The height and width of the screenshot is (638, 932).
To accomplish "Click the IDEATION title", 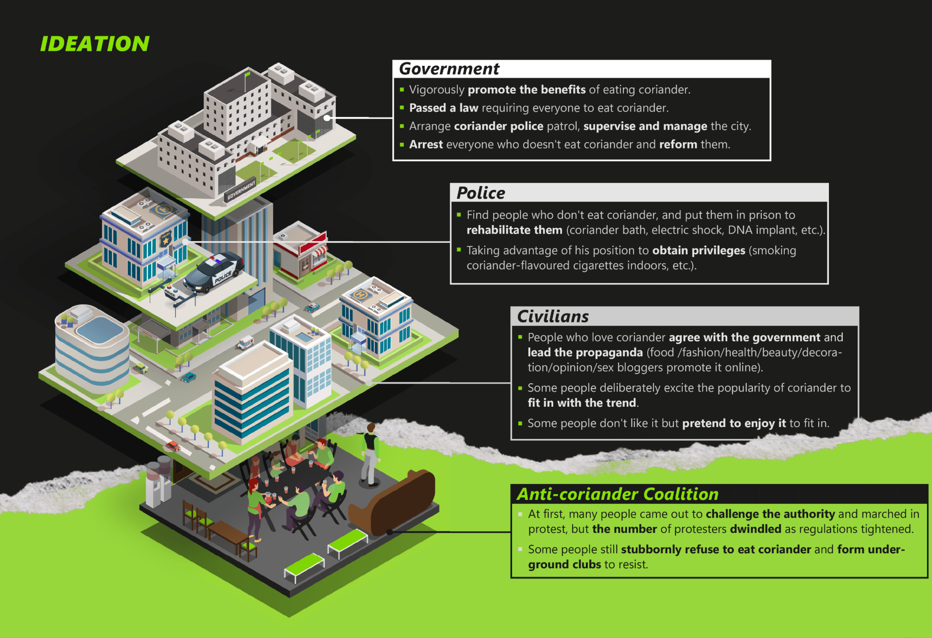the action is pos(95,44).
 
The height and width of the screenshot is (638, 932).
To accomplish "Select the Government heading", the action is pos(449,69).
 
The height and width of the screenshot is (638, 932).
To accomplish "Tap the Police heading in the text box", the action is pos(481,193).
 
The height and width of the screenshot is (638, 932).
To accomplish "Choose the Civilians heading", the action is pos(553,317).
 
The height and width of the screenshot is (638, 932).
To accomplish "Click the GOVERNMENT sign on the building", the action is pos(241,190).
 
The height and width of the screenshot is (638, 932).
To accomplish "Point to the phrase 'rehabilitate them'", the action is pos(514,230).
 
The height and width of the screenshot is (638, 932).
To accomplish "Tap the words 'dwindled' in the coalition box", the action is pos(755,529).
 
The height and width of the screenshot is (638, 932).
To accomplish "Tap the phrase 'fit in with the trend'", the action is pos(581,403).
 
